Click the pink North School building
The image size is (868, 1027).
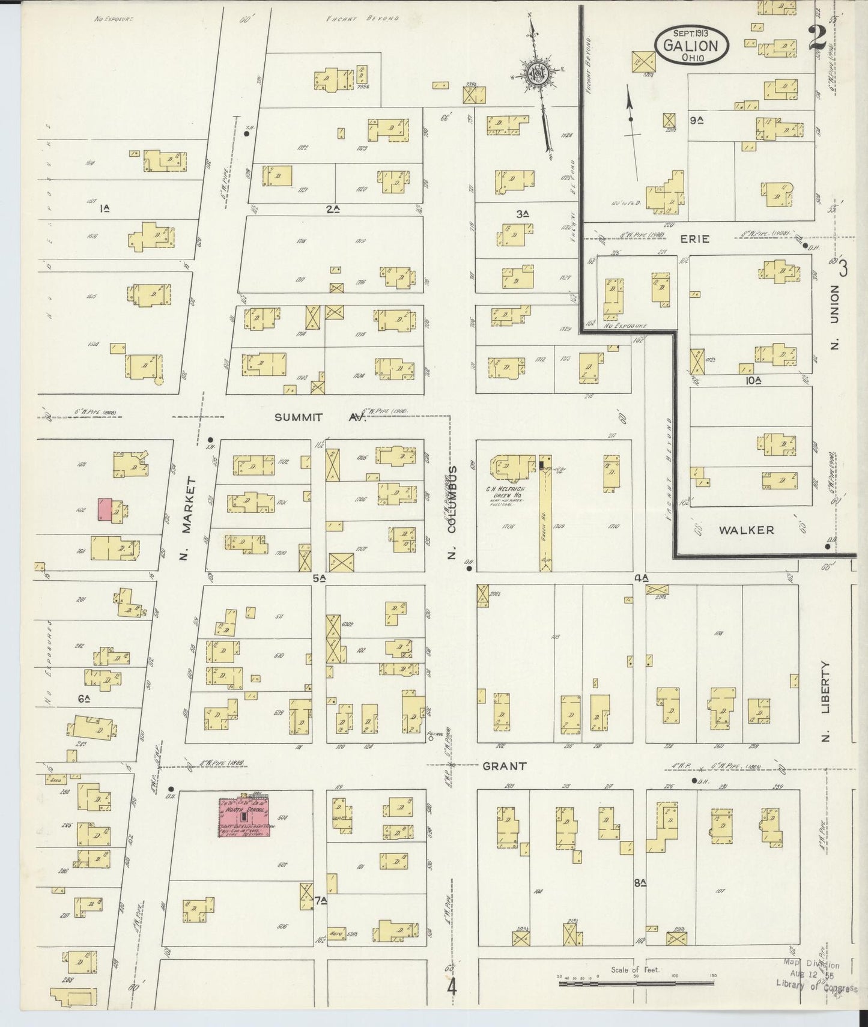coord(244,817)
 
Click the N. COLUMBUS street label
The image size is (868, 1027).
coord(453,512)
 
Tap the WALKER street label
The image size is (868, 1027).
coord(753,530)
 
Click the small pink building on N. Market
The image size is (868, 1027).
coord(106,509)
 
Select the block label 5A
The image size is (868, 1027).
coord(318,578)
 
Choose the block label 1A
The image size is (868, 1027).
coord(105,208)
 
